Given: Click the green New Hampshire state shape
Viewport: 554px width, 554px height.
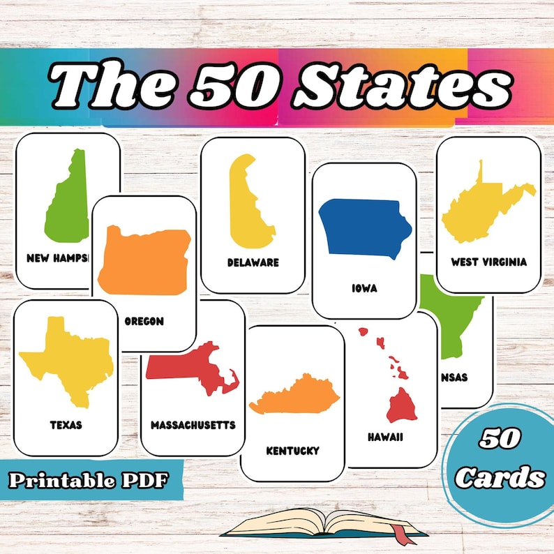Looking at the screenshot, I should click(x=68, y=202).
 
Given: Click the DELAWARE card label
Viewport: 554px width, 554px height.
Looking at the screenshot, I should click(x=253, y=263).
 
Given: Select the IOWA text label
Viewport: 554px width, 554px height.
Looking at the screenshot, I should click(x=364, y=287).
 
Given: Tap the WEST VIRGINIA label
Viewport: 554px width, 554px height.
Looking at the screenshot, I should click(x=488, y=262).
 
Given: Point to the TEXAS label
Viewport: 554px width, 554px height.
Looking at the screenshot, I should click(x=66, y=424).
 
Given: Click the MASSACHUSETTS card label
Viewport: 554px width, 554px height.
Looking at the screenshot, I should click(x=193, y=425).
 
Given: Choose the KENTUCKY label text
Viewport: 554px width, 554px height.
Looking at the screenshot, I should click(x=292, y=451).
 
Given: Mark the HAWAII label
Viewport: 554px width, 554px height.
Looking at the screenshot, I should click(x=385, y=437).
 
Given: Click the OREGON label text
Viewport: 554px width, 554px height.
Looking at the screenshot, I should click(x=144, y=322).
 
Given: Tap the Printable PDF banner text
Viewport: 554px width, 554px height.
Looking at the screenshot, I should click(x=89, y=480).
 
